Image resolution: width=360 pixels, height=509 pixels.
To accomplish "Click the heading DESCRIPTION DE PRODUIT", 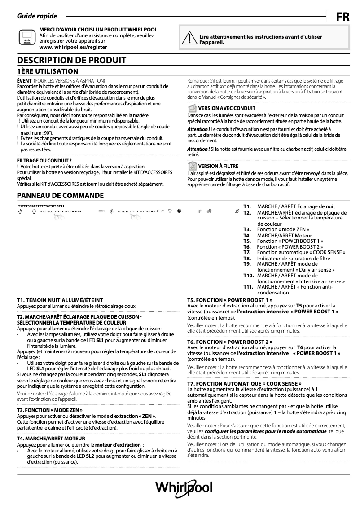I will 71,61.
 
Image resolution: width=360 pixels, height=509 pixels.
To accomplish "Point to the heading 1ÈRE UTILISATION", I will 48,71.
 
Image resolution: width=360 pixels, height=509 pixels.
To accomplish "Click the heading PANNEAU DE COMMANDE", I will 60,195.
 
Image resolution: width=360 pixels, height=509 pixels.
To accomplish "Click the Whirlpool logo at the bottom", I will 184,488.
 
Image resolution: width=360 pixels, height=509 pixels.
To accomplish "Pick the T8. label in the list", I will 247,259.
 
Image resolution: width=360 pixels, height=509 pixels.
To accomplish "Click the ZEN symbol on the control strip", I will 101,211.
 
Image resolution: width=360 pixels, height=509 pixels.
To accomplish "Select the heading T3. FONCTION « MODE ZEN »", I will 50,410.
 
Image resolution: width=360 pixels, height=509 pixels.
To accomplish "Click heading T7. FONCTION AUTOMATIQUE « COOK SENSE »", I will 244,384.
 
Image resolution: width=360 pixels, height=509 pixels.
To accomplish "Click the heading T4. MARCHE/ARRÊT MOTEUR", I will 51,438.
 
